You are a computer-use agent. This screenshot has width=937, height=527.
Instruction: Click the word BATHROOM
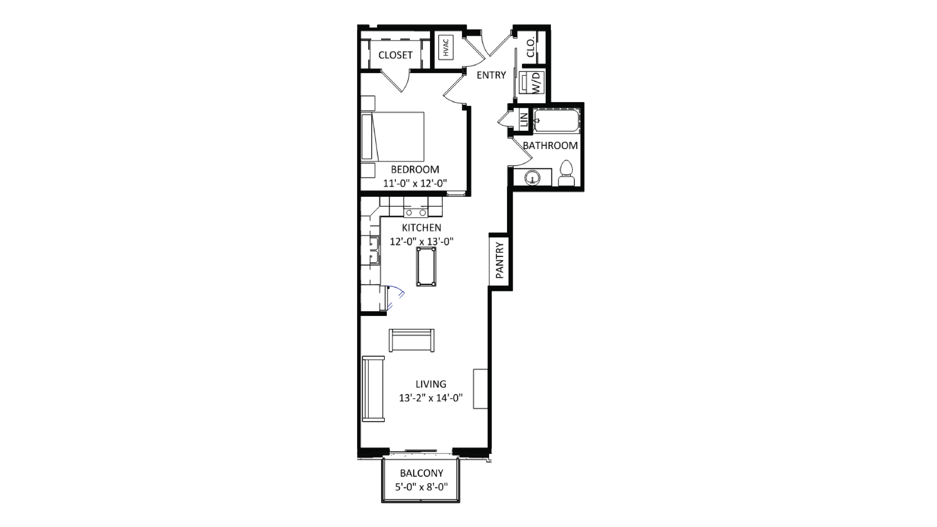(550, 146)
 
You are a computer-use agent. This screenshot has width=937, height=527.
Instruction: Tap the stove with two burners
(415, 212)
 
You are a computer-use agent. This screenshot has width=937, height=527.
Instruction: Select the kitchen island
(426, 267)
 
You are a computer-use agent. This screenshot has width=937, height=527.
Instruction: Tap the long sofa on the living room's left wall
(373, 389)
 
